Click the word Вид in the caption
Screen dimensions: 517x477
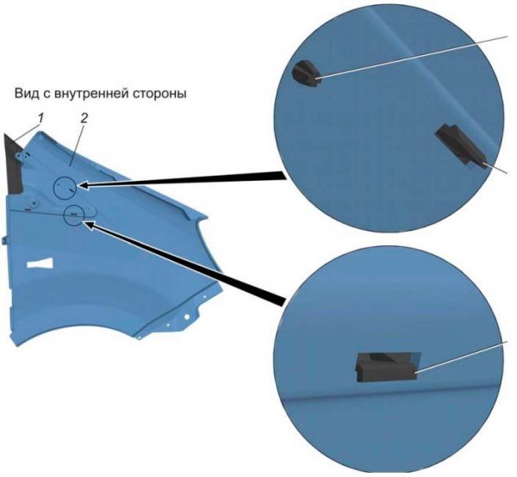tap(25, 94)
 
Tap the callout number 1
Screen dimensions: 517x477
tap(40, 118)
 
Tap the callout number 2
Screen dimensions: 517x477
tap(84, 118)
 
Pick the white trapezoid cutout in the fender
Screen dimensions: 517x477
tap(40, 263)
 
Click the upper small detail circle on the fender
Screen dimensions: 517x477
tap(65, 187)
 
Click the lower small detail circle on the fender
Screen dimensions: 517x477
tap(75, 214)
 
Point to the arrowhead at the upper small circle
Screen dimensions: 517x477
tap(84, 185)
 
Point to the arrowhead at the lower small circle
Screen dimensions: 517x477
tap(89, 225)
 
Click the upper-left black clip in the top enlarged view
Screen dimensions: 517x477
tap(306, 74)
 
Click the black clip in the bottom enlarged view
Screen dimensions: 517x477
tap(386, 368)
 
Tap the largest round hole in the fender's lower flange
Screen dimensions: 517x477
tap(187, 317)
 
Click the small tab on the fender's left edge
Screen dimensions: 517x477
tap(4, 240)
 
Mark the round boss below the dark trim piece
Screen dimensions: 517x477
tap(34, 201)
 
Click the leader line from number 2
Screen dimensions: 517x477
tap(78, 142)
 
